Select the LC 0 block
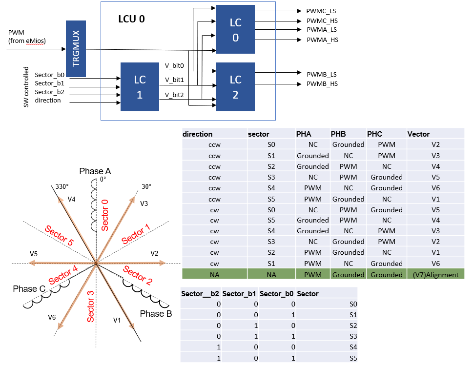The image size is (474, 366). pos(235,29)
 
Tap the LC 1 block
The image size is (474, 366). pos(139,87)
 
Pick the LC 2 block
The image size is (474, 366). pos(235,87)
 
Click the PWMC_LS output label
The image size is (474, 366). pos(321,11)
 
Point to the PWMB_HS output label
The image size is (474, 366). pos(321,84)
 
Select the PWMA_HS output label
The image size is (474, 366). pos(322,40)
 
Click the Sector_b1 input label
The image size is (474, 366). pos(49,83)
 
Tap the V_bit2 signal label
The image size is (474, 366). pos(174,95)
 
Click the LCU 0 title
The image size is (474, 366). pos(131,20)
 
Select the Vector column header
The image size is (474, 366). pos(418,134)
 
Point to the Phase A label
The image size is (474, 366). pos(95,171)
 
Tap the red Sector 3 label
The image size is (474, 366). pos(91,305)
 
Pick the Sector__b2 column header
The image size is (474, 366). pos(200,294)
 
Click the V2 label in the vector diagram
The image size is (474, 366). pos(154,253)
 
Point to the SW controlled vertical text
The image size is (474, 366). pos(26,87)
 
